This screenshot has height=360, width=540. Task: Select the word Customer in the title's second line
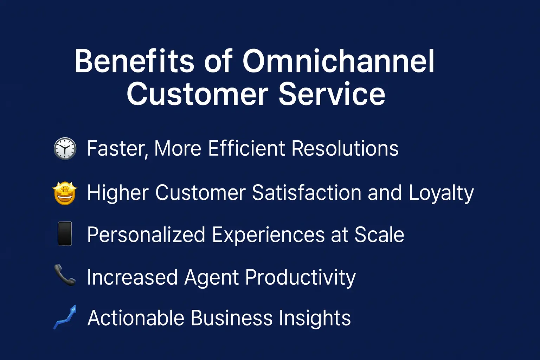197,94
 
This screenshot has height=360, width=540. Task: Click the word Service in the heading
332,94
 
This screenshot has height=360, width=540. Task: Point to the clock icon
65,149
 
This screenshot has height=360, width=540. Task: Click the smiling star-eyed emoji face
65,193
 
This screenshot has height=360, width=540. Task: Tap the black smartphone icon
65,234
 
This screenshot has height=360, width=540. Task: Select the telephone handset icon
65,275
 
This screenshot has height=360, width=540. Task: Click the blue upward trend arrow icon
65,317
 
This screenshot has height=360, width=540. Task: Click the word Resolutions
345,148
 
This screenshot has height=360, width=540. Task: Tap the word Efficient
246,148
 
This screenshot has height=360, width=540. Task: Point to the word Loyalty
441,193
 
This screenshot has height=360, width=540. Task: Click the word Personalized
146,235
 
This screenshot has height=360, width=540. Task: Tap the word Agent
211,278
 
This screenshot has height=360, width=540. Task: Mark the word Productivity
300,278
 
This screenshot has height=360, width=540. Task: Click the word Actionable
136,318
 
